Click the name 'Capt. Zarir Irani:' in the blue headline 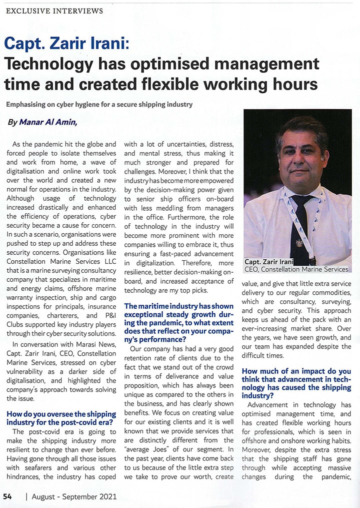point(66,44)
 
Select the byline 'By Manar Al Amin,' point(42,122)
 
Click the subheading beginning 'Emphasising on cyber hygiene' point(99,105)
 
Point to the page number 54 point(7,496)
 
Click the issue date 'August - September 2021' point(74,496)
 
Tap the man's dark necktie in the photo point(299,225)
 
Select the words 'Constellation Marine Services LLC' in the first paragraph point(61,261)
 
